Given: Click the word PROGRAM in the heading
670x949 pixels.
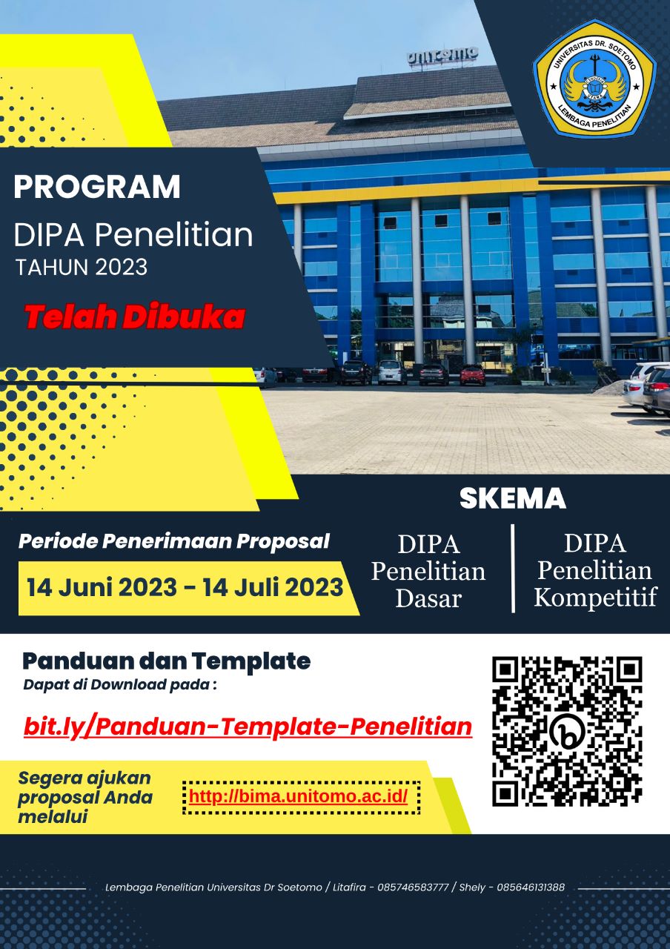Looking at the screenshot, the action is (x=97, y=187).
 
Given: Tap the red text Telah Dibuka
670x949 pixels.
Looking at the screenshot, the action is (x=135, y=316).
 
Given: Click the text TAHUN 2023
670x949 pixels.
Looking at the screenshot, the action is (x=82, y=268).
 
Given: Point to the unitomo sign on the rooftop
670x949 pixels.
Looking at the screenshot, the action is (x=442, y=56).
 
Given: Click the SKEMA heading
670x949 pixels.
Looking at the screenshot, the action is (x=513, y=499).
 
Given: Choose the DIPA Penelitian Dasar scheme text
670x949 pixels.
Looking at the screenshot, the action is (x=428, y=571).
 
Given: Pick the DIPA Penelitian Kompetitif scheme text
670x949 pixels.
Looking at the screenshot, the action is (x=595, y=570).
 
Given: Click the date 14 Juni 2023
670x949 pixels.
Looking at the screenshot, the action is (x=102, y=587).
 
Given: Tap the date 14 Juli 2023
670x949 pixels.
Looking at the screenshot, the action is (x=273, y=587).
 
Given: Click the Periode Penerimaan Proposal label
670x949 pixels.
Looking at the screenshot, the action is (x=174, y=541).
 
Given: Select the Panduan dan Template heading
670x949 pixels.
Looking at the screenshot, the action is (x=167, y=661).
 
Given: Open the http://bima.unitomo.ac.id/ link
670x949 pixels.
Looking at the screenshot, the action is (x=298, y=796).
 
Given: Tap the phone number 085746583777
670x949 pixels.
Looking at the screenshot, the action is (x=413, y=887).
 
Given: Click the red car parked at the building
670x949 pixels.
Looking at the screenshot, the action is (x=473, y=374).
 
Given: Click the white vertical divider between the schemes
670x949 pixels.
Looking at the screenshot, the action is (x=513, y=568).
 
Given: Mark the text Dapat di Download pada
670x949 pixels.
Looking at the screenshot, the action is (x=116, y=685).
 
